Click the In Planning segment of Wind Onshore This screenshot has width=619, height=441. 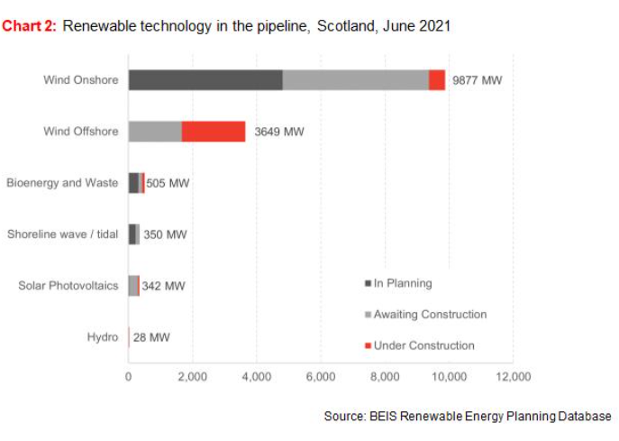(205, 80)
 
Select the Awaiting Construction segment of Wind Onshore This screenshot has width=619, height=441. (355, 80)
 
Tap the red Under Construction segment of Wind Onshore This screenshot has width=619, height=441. (437, 80)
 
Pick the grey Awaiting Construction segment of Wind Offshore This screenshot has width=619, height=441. (155, 132)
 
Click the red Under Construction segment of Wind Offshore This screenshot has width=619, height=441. (214, 132)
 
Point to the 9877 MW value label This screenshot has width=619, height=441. (477, 80)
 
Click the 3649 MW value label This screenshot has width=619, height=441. (279, 132)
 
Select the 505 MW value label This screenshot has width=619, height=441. (168, 183)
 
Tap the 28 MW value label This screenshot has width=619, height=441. (151, 337)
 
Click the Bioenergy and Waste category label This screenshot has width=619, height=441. (62, 183)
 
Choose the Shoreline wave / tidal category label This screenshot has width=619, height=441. (63, 234)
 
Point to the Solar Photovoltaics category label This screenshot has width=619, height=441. (68, 286)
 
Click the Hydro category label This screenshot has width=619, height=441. (103, 337)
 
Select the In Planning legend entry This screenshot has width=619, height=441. (397, 283)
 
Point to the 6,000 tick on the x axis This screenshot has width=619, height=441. (321, 377)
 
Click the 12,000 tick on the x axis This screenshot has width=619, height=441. (513, 377)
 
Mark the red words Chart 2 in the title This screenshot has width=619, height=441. (30, 26)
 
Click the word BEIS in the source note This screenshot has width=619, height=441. (383, 417)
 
